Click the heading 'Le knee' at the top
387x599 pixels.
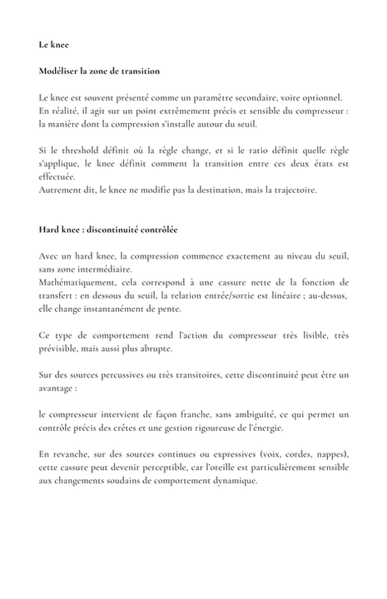54,44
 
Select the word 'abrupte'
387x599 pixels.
152,350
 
